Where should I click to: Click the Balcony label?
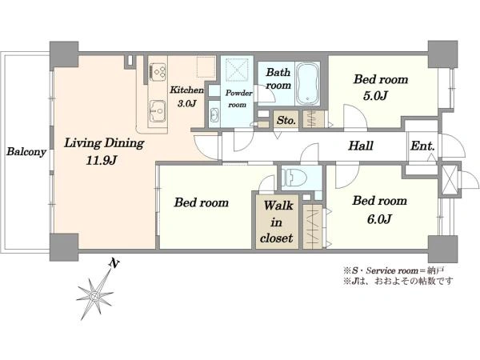pos(26,151)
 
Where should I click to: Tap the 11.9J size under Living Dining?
pos(102,160)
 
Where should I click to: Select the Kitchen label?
pos(186,90)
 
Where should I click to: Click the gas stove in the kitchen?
pos(158,72)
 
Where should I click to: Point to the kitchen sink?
pos(158,110)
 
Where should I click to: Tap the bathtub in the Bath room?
pos(308,83)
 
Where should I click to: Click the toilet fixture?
pos(294,178)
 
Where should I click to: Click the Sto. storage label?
pos(286,120)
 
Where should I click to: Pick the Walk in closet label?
pos(277,222)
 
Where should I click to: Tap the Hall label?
pos(361,146)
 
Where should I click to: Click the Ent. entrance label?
pos(422,146)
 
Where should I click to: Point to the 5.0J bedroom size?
pos(375,96)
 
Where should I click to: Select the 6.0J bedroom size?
pos(379,219)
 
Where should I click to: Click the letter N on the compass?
pos(114,263)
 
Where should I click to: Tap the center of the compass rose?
pos(95,296)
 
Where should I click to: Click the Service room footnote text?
pos(394,270)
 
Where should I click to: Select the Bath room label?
pos(278,78)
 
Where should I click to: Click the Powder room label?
pos(238,98)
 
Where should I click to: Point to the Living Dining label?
pos(104,143)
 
